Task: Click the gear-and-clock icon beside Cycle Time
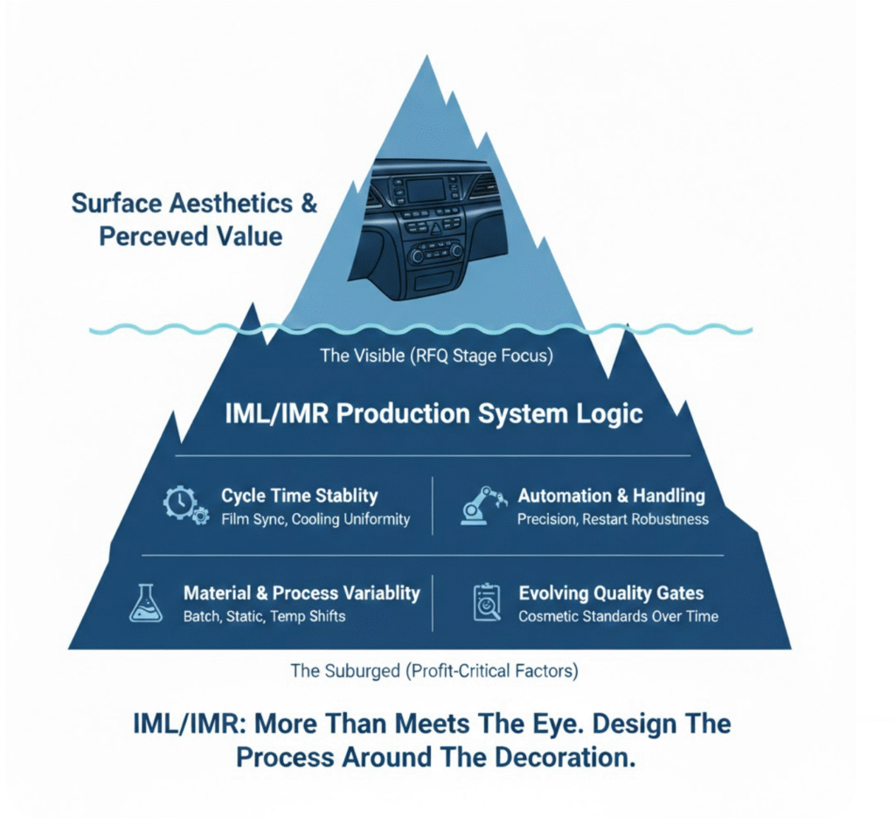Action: tap(186, 506)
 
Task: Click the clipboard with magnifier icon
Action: tap(487, 602)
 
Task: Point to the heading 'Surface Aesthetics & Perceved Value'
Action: tap(194, 219)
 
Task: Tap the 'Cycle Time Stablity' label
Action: tap(299, 496)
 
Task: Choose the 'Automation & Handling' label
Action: tap(611, 496)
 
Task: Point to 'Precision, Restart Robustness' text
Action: tap(613, 519)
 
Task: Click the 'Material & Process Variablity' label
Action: tap(302, 593)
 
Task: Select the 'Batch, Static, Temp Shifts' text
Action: tap(264, 616)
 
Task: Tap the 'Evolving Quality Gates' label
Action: tap(611, 593)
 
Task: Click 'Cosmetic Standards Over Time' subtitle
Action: tap(618, 616)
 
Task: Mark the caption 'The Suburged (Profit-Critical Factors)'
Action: tap(434, 671)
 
